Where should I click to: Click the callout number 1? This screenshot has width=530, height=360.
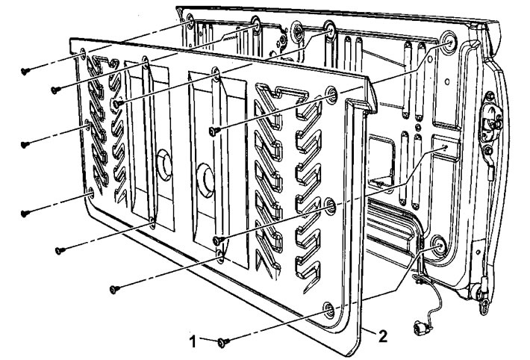tap(193, 342)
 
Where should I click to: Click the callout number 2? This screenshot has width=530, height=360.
tap(383, 337)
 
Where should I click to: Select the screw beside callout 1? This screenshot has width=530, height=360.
tap(223, 342)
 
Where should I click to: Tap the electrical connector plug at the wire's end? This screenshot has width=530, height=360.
tap(421, 328)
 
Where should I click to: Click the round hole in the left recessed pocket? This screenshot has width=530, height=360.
tap(165, 165)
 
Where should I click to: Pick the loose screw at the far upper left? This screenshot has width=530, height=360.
tap(25, 71)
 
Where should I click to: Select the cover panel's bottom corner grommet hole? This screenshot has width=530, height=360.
tap(329, 310)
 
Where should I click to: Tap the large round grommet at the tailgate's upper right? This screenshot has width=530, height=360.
tap(449, 41)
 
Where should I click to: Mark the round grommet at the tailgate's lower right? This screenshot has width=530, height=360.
tap(440, 246)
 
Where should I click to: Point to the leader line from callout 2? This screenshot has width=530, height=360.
tap(371, 332)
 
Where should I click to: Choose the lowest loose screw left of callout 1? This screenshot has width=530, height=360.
tap(115, 289)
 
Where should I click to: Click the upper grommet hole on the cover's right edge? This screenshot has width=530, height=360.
tap(331, 94)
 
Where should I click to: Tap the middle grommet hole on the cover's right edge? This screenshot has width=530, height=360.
tap(330, 205)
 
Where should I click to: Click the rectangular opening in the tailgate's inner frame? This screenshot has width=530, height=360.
tap(381, 159)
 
